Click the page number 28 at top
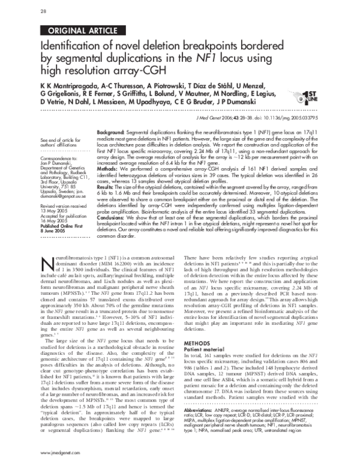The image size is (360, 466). (x=43, y=11)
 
